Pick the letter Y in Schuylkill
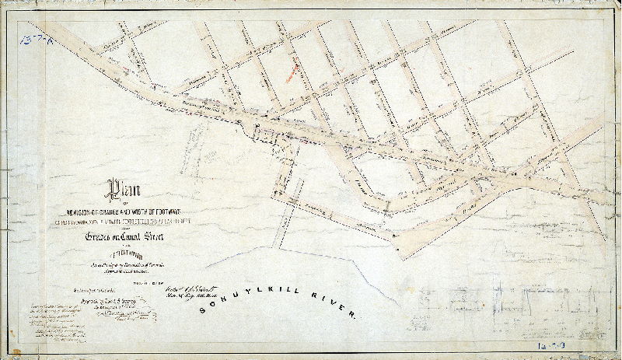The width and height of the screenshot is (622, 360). point(231,299)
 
